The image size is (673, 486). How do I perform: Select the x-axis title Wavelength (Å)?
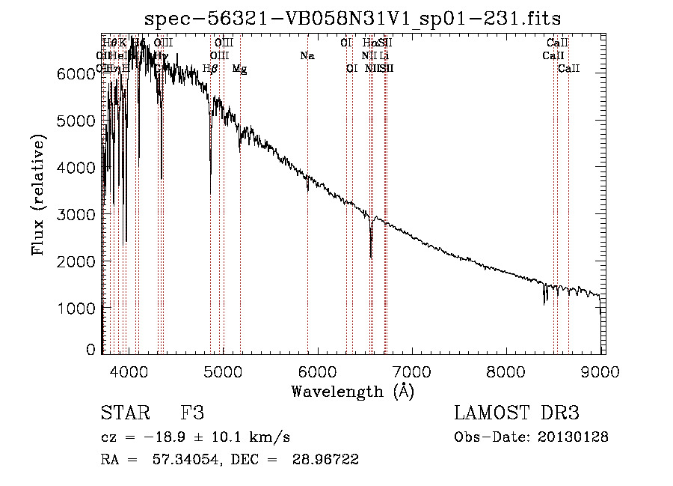point(352,391)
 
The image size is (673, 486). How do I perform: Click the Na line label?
point(307,56)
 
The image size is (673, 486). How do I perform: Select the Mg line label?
point(239,69)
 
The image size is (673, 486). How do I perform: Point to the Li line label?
point(384,56)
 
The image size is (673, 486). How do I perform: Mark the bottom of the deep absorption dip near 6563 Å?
point(371,257)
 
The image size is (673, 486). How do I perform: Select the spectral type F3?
point(192,413)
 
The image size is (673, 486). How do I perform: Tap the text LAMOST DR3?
point(517,413)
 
